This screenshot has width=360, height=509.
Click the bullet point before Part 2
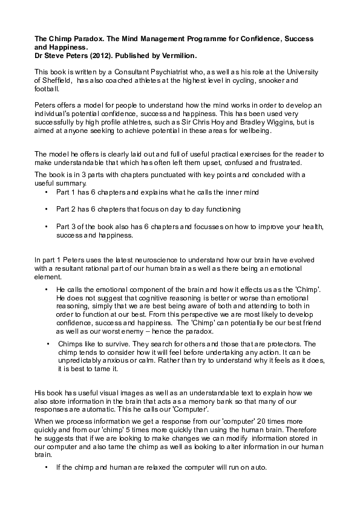pos(47,209)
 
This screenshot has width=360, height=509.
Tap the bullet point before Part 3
pos(47,227)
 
